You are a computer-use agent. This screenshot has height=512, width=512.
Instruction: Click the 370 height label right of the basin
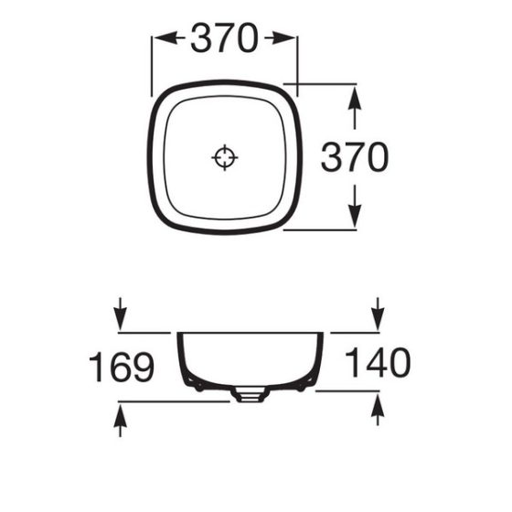click(x=354, y=157)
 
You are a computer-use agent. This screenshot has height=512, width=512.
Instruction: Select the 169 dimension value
click(x=121, y=367)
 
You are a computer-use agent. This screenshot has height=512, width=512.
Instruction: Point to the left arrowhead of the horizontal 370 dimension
click(x=160, y=38)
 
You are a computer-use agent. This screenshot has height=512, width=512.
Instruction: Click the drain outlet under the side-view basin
click(x=249, y=394)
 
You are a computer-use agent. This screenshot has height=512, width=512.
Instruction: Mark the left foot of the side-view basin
click(x=192, y=382)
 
